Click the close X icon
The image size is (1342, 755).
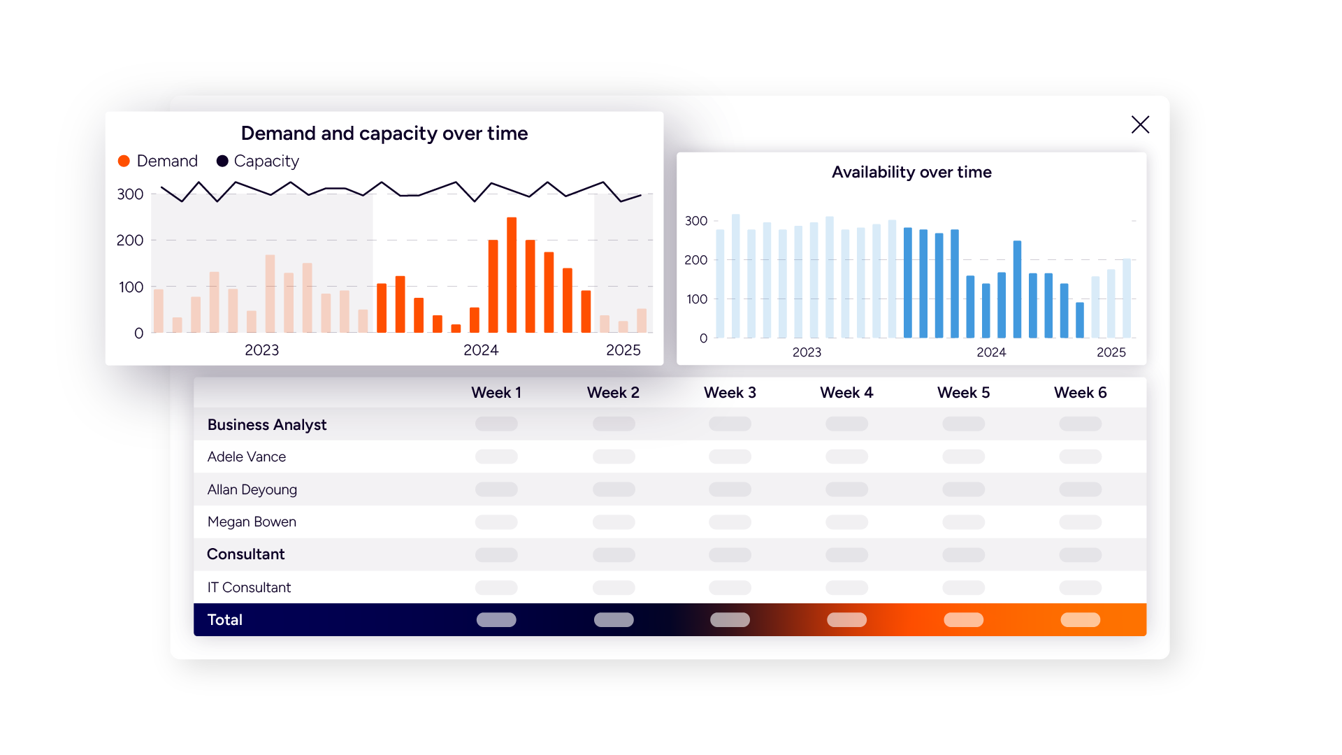(1140, 124)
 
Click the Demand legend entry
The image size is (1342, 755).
(159, 161)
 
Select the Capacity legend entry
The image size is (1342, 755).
(258, 161)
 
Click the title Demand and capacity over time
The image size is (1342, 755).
(384, 134)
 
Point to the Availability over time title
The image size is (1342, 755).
(911, 172)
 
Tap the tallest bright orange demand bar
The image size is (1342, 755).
(512, 274)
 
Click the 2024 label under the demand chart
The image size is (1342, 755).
(481, 350)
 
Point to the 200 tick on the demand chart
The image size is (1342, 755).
(130, 240)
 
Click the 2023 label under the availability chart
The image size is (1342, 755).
(807, 352)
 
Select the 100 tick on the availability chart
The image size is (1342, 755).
(696, 299)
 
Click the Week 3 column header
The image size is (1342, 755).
(730, 393)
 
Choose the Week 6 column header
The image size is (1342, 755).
(1080, 393)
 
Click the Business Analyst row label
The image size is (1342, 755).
(267, 425)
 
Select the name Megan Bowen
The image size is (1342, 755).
(252, 522)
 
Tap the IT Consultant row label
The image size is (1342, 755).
(249, 588)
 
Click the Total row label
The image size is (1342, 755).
(225, 620)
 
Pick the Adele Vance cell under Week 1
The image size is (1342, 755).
(496, 457)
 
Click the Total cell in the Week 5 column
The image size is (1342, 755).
(963, 620)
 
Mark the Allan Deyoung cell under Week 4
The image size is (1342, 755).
(846, 489)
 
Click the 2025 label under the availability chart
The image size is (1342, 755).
(1111, 352)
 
